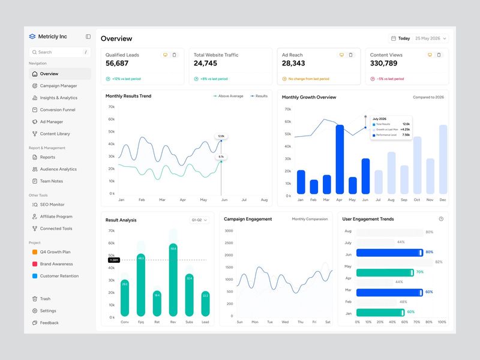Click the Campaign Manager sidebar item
point(58,86)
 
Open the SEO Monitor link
point(52,205)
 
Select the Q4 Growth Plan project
point(55,252)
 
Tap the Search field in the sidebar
point(59,52)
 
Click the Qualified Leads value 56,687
point(117,63)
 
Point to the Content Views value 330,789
point(383,63)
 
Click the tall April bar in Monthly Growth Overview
point(340,159)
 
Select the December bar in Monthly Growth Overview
point(443,159)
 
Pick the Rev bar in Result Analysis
point(173,280)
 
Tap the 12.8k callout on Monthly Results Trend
point(221,136)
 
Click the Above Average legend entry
point(228,96)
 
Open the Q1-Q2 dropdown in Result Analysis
point(199,220)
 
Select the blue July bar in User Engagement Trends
point(389,253)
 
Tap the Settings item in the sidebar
point(47,311)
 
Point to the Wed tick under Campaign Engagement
point(285,322)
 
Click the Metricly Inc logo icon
point(32,37)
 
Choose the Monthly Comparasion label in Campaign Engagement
point(310,219)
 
